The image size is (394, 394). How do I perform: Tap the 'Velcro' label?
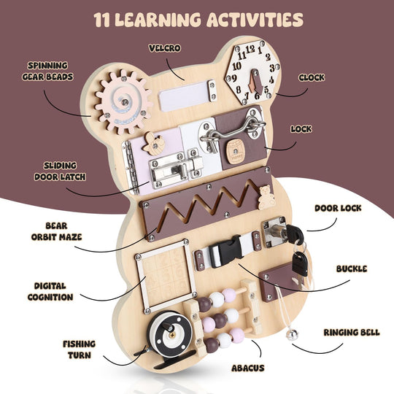click(164, 48)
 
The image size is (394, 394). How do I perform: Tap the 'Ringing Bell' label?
click(351, 332)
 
